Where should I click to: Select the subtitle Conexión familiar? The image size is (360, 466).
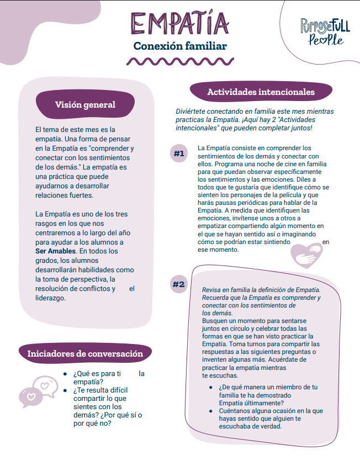[x=180, y=46]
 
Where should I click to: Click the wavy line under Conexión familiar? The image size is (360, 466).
[x=180, y=61]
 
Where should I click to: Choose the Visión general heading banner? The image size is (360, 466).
[x=85, y=105]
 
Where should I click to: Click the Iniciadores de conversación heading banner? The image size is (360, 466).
[x=85, y=354]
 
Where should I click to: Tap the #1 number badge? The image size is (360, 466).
[x=178, y=153]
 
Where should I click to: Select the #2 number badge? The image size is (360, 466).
[x=178, y=284]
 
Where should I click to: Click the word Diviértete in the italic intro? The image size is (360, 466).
[x=192, y=111]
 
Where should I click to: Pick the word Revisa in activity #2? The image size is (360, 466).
[x=212, y=289]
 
